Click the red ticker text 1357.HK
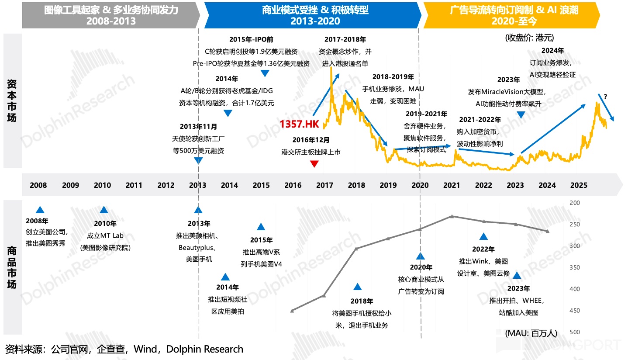300,124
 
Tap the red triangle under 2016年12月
314,164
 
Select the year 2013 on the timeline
197,185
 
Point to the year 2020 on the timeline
420,185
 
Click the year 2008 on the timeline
38,185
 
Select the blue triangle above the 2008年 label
40,210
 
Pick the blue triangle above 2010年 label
104,210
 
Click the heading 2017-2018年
345,40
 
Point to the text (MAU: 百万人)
531,333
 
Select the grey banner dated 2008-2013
111,15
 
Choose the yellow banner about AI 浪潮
514,15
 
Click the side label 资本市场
12,101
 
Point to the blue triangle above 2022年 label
483,236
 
